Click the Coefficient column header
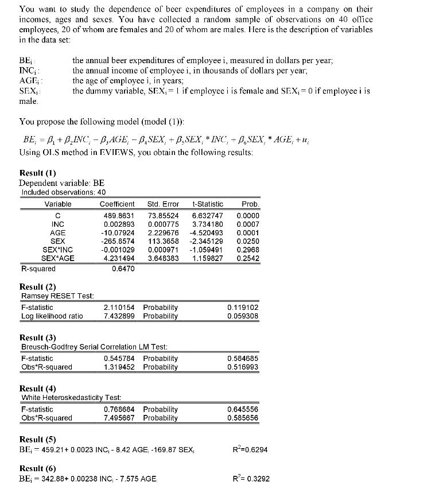117,204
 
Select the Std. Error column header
163,204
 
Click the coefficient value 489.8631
118,215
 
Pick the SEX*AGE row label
58,258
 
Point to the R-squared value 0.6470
123,268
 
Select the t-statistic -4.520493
207,232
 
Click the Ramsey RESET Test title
57,296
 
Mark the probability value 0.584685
243,358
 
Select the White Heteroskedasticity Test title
71,398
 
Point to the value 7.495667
119,418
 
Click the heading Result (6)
38,468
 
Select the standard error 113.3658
164,241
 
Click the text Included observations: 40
63,192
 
